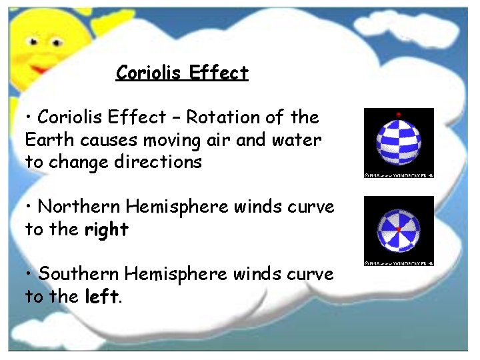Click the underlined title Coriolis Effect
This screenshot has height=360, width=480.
pos(182,73)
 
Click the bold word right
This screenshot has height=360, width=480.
pos(106,230)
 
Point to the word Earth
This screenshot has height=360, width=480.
pos(49,140)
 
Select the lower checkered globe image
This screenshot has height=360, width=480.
pos(398,229)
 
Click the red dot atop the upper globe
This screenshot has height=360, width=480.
pos(399,114)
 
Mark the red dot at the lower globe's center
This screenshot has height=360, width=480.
pos(398,229)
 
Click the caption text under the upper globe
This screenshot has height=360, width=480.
pos(399,175)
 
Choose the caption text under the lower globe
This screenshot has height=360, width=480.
pos(399,263)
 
